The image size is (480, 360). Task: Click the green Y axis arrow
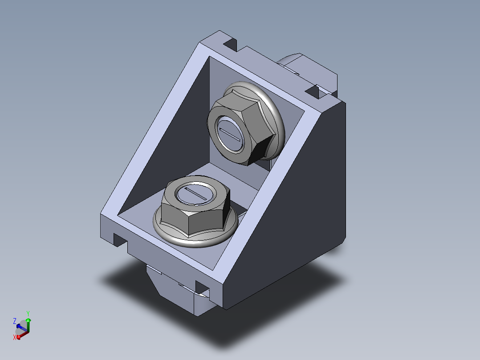tap(28, 325)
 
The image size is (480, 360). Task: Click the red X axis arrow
tap(23, 335)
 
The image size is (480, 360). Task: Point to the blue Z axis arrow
tap(21, 328)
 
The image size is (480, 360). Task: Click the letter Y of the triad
tap(28, 313)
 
